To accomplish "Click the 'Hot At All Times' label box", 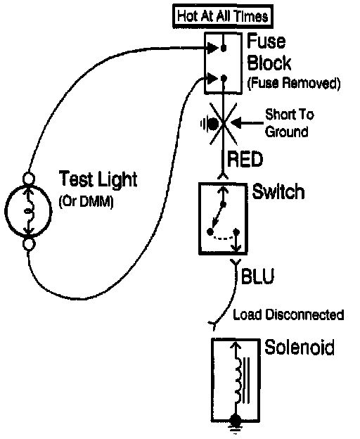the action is click(223, 16).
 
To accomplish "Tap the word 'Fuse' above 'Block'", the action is click(266, 42).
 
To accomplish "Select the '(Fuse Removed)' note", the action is click(294, 83).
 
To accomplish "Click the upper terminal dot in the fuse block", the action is click(223, 49).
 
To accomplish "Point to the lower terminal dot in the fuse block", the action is click(224, 77).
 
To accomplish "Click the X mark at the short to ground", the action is click(223, 123).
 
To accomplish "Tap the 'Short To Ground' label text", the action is click(290, 123).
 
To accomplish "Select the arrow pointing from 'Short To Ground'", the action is click(247, 122).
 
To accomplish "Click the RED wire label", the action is click(245, 159).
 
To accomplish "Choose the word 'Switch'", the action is click(278, 191).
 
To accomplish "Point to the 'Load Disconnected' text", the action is click(288, 314).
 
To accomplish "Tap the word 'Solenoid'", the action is click(300, 347).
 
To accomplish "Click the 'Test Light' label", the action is click(98, 179).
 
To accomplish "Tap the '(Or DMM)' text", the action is click(86, 202).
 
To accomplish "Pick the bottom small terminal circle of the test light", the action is click(29, 243).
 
